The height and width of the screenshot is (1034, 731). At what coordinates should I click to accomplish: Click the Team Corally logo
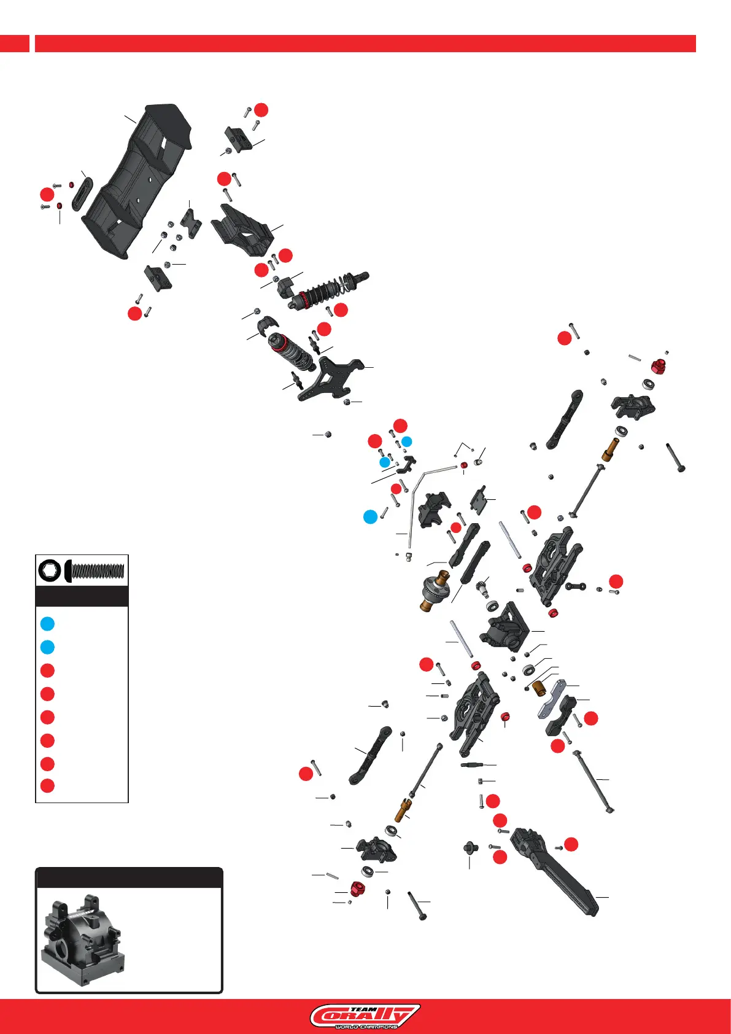(x=365, y=1016)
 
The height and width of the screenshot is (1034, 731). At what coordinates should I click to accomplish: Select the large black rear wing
(x=138, y=181)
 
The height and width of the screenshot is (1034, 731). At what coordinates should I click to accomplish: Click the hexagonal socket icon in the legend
(x=49, y=571)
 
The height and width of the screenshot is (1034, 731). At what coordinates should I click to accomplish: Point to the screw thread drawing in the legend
(x=97, y=571)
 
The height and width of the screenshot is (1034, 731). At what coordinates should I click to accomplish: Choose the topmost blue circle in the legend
(x=47, y=624)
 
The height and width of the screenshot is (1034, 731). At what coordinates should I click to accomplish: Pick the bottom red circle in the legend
(x=47, y=785)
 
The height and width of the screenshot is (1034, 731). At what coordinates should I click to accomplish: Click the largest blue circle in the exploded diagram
(x=370, y=517)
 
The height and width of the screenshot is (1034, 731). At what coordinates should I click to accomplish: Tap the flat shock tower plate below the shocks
(x=331, y=377)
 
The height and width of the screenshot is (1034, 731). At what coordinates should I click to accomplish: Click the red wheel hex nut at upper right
(x=658, y=367)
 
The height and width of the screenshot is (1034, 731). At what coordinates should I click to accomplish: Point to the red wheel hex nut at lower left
(x=357, y=888)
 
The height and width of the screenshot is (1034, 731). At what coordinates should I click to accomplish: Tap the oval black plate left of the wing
(x=82, y=193)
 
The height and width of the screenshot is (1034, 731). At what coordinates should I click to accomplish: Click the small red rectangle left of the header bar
(x=14, y=44)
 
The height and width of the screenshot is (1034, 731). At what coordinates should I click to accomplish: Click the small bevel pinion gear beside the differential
(x=483, y=589)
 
